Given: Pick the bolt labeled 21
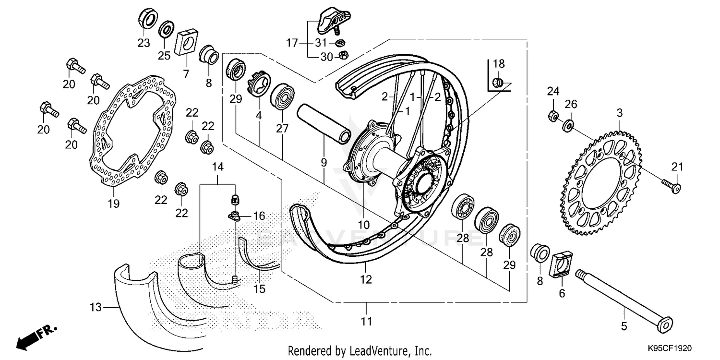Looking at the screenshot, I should (x=672, y=186).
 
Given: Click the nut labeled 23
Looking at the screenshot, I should (x=149, y=19).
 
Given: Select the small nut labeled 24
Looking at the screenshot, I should (x=552, y=116).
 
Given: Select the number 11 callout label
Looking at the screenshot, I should (x=366, y=321).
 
